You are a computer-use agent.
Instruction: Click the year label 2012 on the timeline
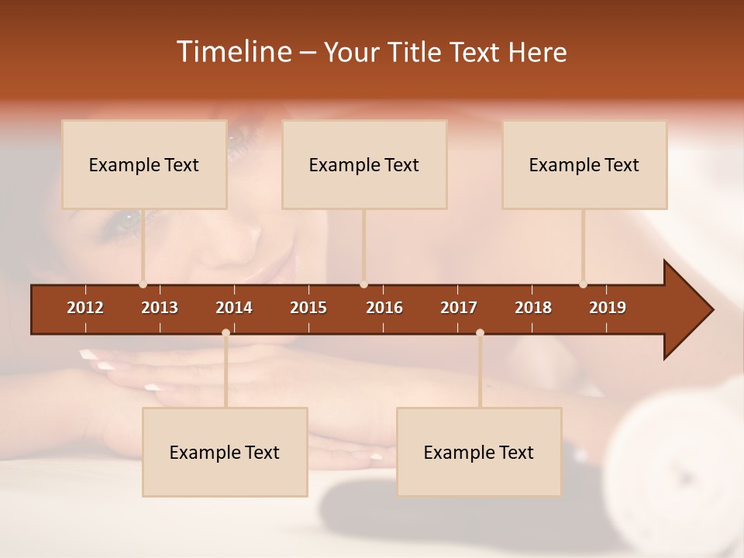pos(85,308)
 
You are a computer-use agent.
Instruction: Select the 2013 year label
pos(160,308)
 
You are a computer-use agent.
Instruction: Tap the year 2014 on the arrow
pos(234,308)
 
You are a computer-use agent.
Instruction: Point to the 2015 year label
pos(308,308)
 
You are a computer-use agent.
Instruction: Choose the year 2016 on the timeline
pos(384,308)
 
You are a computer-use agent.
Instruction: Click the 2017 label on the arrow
pos(459,308)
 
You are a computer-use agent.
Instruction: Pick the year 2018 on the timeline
pos(533,308)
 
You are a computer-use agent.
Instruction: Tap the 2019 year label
pos(608,308)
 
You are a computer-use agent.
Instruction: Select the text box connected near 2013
pos(144,164)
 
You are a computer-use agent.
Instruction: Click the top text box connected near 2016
pos(364,164)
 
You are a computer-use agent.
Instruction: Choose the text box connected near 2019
pos(584,164)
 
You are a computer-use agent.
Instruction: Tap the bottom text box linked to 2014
pos(225,452)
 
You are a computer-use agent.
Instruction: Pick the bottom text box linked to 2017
pos(479,452)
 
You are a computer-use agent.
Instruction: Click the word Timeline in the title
pos(232,52)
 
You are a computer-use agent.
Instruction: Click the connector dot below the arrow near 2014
pos(226,333)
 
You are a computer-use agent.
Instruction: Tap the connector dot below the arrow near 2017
pos(480,333)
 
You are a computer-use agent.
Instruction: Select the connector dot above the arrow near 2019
pos(583,284)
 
